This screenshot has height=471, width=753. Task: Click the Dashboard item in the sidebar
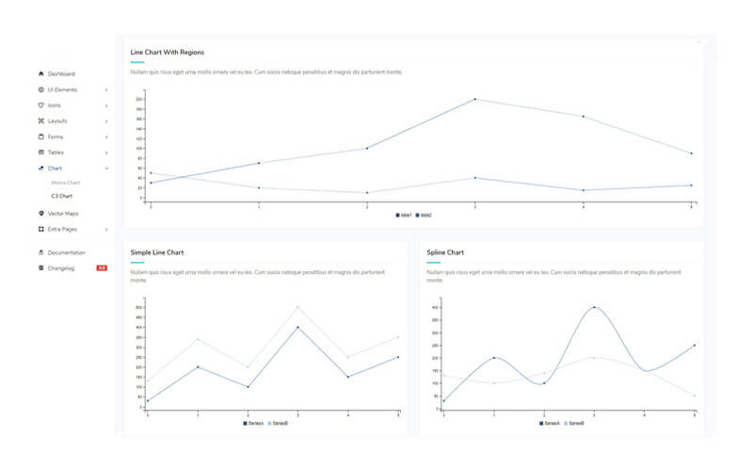(61, 73)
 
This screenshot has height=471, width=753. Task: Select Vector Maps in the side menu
(63, 214)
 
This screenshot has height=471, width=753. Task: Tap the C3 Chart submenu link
(62, 196)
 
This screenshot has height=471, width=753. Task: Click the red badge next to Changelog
(102, 268)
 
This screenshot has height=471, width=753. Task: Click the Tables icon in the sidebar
(40, 152)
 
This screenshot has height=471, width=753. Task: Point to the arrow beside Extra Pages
(106, 229)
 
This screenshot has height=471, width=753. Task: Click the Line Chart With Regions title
(168, 52)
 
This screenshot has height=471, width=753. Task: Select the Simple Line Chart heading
(157, 252)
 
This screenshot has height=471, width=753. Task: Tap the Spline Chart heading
(445, 252)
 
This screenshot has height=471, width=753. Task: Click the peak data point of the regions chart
(474, 99)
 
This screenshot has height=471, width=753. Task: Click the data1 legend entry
(404, 216)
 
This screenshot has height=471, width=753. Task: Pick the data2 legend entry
(424, 216)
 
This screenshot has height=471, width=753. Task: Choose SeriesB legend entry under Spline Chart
(573, 423)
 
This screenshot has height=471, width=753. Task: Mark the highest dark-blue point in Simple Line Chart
(298, 327)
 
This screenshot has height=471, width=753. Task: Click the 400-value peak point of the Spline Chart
(594, 307)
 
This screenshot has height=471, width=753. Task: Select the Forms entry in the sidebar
(56, 137)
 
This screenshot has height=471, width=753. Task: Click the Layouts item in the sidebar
(57, 121)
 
